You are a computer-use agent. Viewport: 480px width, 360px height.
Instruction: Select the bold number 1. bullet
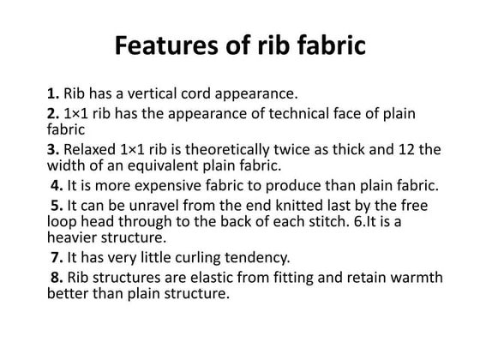tap(54, 93)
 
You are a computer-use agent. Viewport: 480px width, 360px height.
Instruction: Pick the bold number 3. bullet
tap(54, 149)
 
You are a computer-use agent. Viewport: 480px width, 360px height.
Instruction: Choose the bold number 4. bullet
tap(57, 184)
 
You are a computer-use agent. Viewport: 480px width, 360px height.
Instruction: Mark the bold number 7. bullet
tap(57, 256)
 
